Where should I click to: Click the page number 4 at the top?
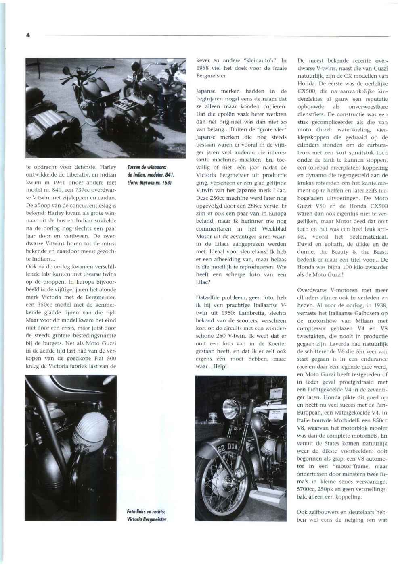[28, 35]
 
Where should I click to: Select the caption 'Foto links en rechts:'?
[146, 511]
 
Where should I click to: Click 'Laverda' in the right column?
[348, 344]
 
